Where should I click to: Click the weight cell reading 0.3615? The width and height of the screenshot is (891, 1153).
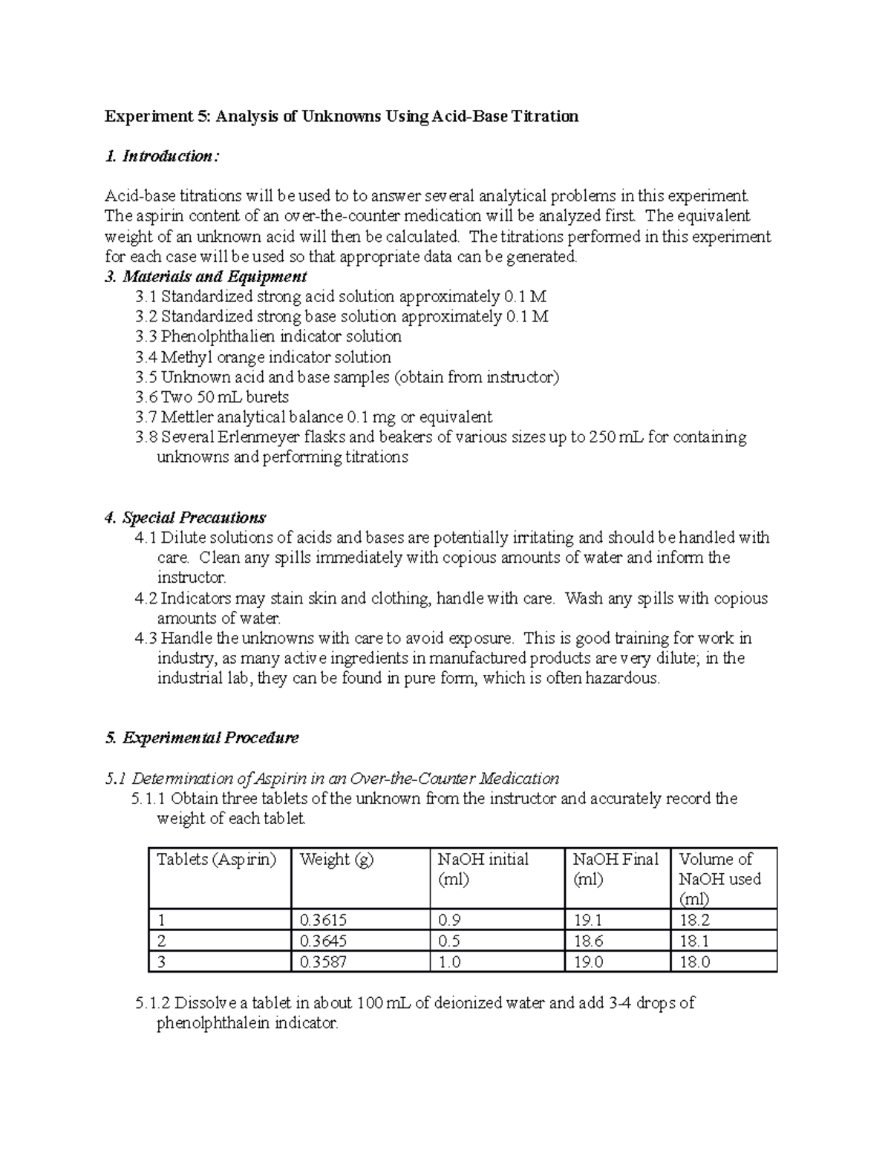pos(322,920)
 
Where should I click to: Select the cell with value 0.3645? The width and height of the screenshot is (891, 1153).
pos(322,941)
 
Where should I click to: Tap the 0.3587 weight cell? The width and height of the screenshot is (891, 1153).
pos(322,961)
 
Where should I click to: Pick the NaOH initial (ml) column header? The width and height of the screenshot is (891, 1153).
pos(483,869)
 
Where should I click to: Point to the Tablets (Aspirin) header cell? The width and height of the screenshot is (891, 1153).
pos(216,859)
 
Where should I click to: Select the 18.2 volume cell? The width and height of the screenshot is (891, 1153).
pos(695,920)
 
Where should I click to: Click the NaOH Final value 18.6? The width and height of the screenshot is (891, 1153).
pos(588,941)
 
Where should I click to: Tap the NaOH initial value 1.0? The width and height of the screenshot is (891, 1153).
pos(449,961)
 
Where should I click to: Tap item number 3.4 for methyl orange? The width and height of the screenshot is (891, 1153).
pos(146,357)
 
